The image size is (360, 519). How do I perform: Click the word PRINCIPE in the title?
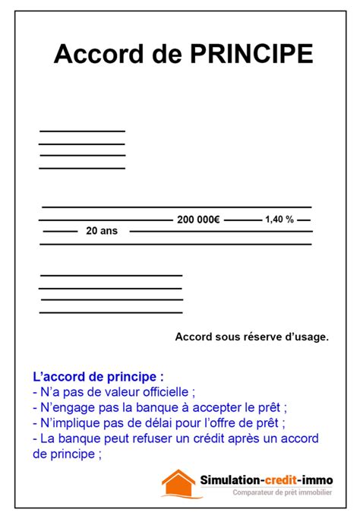pyautogui.click(x=251, y=55)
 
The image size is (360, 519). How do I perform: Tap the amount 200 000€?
pyautogui.click(x=198, y=220)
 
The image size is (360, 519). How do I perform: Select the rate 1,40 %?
pyautogui.click(x=279, y=219)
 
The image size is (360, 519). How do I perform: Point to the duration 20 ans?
pyautogui.click(x=103, y=231)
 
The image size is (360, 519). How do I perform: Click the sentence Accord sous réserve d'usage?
pyautogui.click(x=251, y=336)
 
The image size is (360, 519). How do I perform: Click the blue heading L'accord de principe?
pyautogui.click(x=98, y=377)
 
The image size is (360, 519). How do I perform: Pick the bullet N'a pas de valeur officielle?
pyautogui.click(x=115, y=392)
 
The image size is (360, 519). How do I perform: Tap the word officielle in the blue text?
pyautogui.click(x=166, y=392)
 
